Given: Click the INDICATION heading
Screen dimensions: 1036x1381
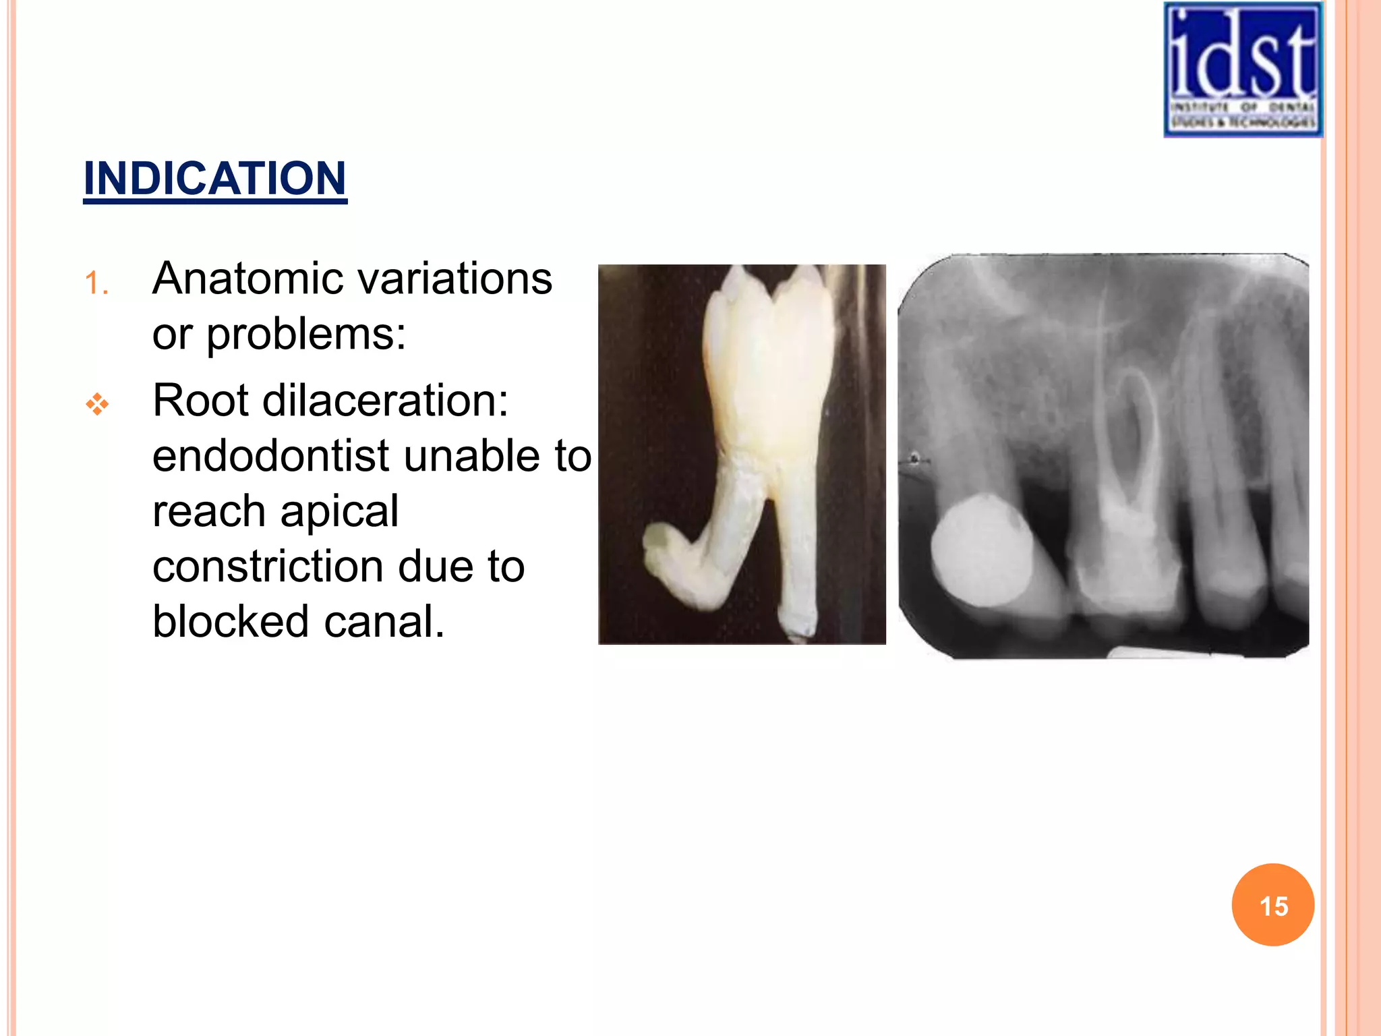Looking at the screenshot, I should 214,179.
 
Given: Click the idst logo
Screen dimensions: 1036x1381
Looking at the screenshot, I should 1243,69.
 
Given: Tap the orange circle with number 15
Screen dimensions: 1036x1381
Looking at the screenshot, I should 1272,905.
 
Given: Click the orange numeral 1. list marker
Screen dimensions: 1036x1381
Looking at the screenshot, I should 96,283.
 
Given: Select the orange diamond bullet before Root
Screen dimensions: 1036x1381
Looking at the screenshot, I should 97,404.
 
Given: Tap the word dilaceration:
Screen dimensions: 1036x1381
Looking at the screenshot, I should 385,401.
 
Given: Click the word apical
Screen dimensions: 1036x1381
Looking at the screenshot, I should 339,511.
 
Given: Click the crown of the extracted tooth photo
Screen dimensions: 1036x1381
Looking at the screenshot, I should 769,364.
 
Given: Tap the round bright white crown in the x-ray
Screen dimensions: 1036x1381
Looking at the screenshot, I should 981,550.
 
